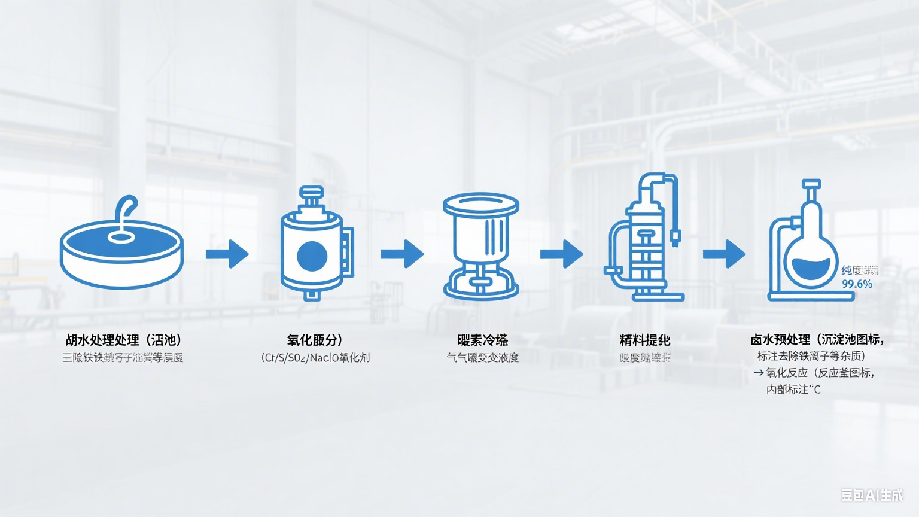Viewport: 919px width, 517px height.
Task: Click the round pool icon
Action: [121, 254]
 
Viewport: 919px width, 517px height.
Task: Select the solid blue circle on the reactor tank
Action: [312, 256]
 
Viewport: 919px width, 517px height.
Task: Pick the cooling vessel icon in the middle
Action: [481, 245]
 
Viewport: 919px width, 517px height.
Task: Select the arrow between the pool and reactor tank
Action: [227, 254]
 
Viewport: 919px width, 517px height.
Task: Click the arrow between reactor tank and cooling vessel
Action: [402, 254]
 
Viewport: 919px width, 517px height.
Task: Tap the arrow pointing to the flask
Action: [724, 254]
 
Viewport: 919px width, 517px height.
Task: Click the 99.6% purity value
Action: [857, 284]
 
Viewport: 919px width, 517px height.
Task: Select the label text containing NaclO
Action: [315, 358]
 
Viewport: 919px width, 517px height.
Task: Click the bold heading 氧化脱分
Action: [314, 340]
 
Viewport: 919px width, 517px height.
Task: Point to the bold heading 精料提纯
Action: [644, 340]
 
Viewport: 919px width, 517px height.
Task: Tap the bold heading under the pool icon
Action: [123, 340]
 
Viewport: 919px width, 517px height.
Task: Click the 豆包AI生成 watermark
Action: [872, 495]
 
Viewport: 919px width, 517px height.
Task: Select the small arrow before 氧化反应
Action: [758, 373]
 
